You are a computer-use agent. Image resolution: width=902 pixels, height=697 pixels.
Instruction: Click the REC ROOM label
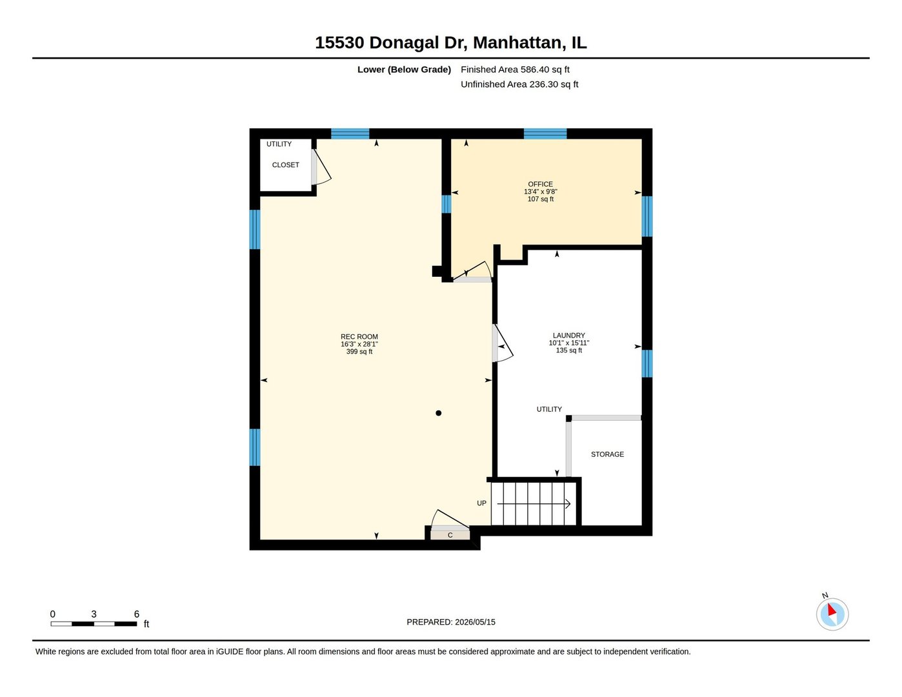click(359, 337)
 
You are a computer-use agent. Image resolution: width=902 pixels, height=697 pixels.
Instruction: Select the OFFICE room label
click(540, 184)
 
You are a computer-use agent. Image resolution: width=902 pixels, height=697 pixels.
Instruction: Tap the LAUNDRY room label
click(568, 336)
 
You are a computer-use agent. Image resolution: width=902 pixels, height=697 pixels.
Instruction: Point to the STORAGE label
click(607, 454)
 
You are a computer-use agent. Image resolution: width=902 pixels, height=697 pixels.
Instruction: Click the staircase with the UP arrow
click(534, 503)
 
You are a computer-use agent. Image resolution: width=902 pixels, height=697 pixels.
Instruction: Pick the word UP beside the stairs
click(481, 503)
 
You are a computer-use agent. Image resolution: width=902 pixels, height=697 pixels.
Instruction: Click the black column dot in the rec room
click(438, 413)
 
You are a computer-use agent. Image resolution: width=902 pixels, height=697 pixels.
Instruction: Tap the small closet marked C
click(450, 535)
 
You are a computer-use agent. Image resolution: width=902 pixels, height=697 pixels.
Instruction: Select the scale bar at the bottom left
click(94, 623)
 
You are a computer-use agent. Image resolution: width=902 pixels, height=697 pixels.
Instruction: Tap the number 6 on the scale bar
click(137, 614)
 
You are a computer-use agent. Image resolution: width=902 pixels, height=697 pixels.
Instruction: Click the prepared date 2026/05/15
click(475, 622)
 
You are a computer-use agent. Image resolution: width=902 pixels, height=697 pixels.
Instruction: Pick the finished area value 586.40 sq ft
click(545, 69)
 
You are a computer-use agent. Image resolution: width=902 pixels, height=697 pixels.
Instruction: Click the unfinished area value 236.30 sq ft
click(554, 85)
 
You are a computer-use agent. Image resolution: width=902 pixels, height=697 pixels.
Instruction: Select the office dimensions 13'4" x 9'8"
click(540, 192)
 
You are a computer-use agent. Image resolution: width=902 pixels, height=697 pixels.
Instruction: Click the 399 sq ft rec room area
click(359, 352)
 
